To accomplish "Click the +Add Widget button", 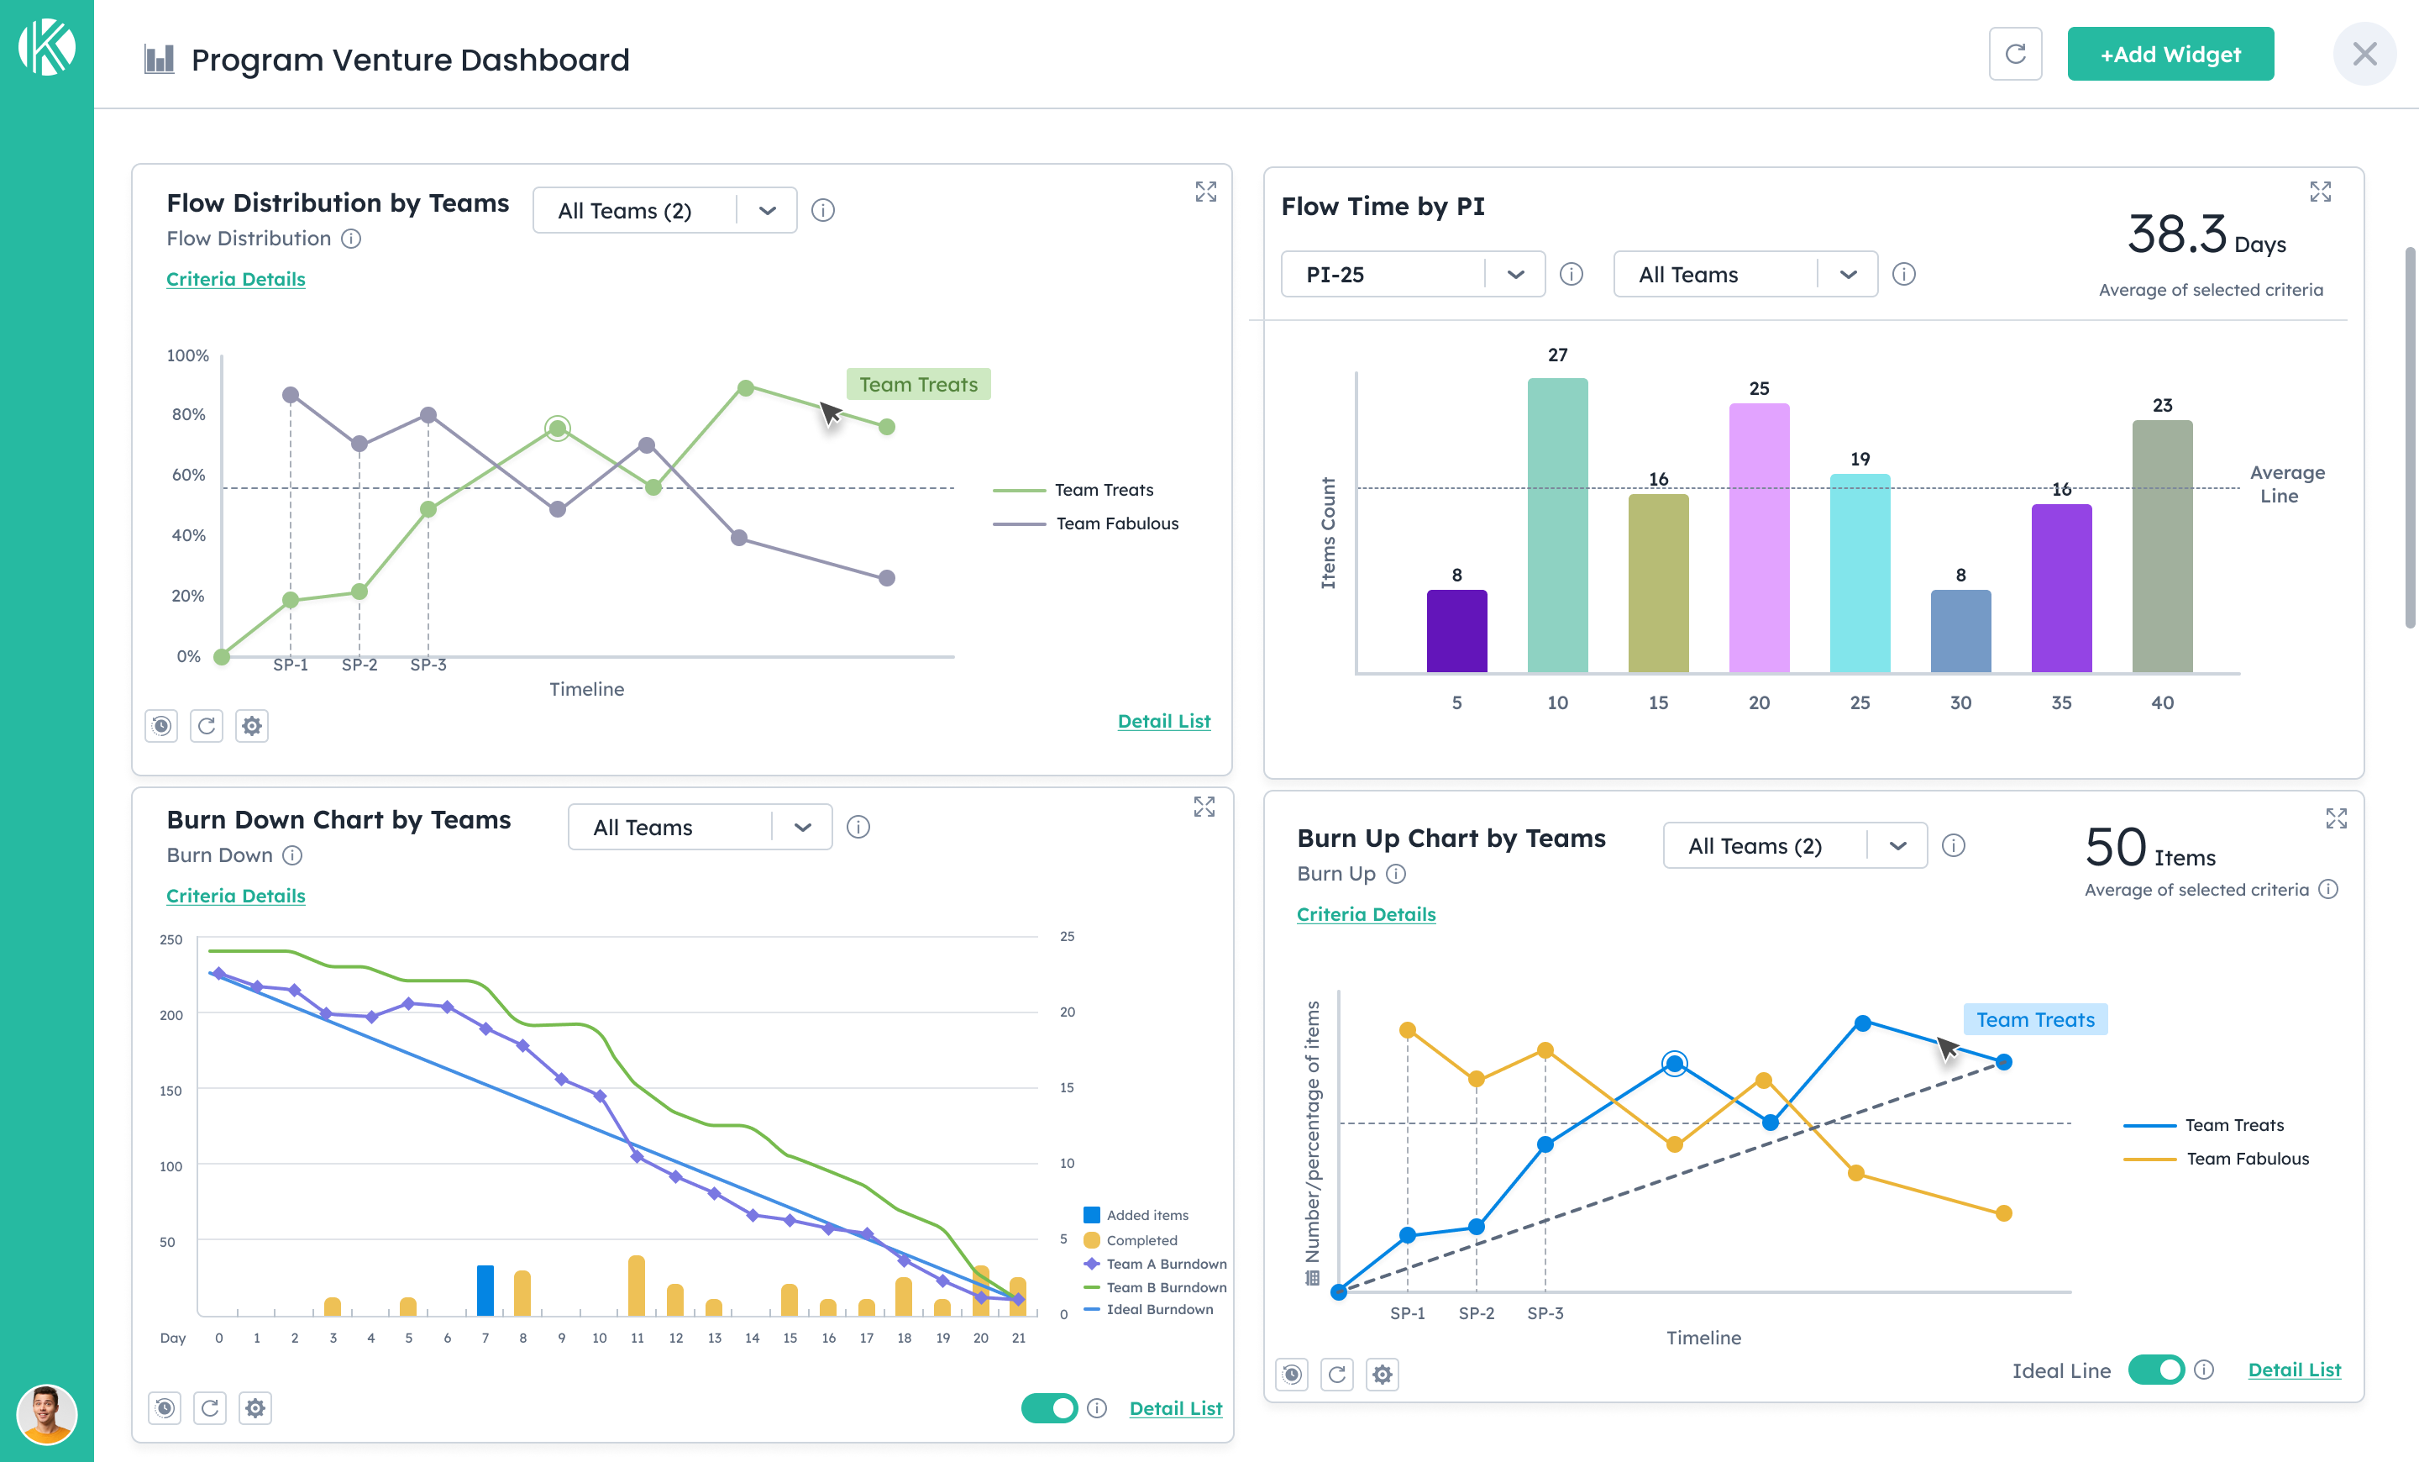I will point(2170,54).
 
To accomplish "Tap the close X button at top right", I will point(2364,54).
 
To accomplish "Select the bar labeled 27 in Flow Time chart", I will point(1557,525).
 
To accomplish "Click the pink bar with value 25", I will point(1758,538).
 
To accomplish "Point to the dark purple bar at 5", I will point(1456,630).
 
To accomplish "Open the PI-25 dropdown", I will point(1412,274).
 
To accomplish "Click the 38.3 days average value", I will point(2177,234).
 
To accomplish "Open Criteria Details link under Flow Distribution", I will point(236,279).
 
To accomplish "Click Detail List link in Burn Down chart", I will point(1175,1408).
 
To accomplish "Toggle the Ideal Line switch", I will point(2155,1370).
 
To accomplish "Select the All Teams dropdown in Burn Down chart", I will point(699,828).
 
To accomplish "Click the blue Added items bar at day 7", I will point(485,1291).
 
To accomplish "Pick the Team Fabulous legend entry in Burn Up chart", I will point(2246,1159).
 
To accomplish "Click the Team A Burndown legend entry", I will point(1165,1264).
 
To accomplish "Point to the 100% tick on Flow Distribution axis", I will point(187,355).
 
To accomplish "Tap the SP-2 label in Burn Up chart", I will point(1476,1312).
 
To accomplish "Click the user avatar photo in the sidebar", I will point(46,1414).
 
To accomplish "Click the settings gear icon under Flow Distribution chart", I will point(252,726).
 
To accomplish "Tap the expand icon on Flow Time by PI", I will point(2320,192).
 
